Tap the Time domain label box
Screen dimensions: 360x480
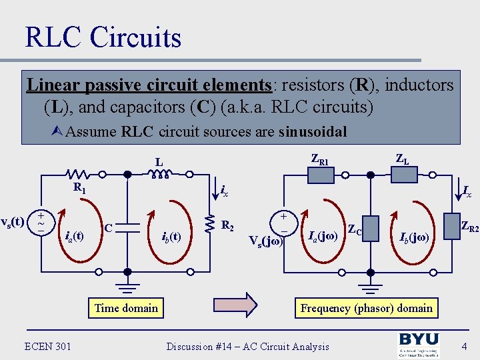point(126,308)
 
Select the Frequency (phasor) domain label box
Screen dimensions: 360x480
point(367,308)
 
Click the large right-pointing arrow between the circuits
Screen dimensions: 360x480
point(239,305)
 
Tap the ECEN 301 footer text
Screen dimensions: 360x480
point(48,346)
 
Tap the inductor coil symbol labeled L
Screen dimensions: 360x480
point(159,175)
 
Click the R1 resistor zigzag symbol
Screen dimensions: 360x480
point(79,175)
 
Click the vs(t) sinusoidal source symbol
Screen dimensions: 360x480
point(41,223)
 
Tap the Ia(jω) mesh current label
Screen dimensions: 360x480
point(323,235)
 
